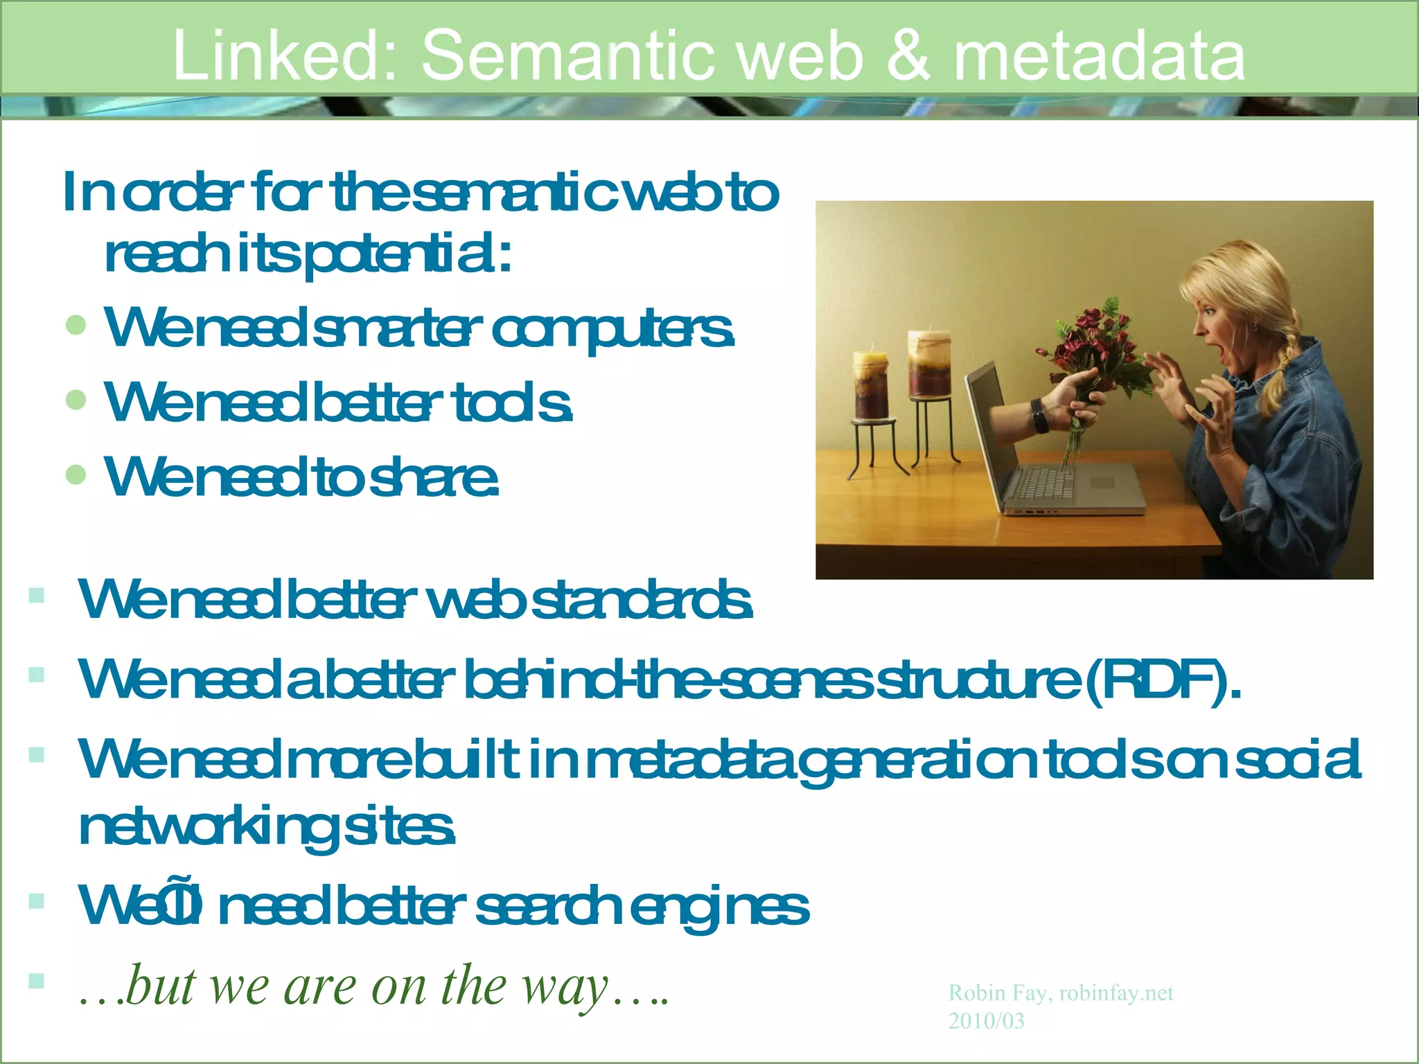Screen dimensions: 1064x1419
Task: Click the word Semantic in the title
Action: (x=567, y=55)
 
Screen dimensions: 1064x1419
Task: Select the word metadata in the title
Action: (x=1100, y=55)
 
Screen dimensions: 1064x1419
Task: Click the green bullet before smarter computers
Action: (x=76, y=325)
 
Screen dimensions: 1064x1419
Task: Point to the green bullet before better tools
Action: (x=76, y=400)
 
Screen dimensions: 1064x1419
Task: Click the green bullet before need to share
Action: (x=76, y=475)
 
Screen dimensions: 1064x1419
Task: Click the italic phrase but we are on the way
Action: (x=374, y=986)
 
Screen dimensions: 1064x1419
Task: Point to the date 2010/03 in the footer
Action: (x=986, y=1021)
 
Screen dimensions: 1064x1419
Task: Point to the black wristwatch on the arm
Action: (x=1039, y=414)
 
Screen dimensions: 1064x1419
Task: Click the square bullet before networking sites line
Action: (x=37, y=754)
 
